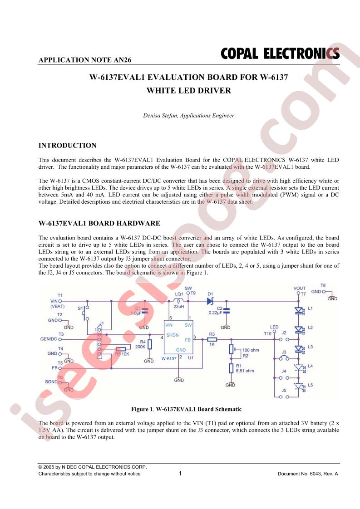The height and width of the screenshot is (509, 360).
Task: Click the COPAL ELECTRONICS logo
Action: pos(280,54)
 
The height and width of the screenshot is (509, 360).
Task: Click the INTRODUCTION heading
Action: pos(67,146)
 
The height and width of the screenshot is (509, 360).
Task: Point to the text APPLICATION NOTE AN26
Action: pos(85,60)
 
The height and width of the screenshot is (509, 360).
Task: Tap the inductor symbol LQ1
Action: pos(179,300)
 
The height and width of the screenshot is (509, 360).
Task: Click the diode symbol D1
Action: pos(210,301)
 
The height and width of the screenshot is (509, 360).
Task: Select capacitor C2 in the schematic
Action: pos(227,311)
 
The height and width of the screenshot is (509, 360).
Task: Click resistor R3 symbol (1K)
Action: pos(212,339)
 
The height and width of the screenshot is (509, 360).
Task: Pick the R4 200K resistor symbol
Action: pos(149,344)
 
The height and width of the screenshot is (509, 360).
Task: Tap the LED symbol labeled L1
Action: pos(299,311)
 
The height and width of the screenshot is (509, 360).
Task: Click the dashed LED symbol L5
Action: pos(299,387)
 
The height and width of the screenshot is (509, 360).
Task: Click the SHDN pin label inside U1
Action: pos(173,335)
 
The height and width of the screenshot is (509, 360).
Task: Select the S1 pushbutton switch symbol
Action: pos(86,313)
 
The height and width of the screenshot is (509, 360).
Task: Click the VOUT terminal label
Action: pos(299,288)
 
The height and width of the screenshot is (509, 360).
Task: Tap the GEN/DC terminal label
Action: pos(49,339)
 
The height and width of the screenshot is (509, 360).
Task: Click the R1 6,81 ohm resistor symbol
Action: pos(231,368)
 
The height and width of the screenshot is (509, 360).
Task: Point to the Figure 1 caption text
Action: pos(187,409)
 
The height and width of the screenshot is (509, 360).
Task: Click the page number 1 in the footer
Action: pos(180,473)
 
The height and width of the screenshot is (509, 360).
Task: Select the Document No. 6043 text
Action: pos(308,474)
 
